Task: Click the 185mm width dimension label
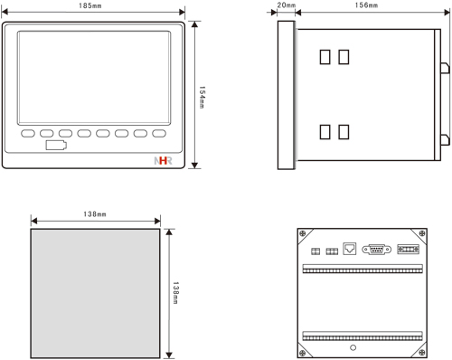[x=90, y=5]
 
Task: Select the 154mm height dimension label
[x=202, y=98]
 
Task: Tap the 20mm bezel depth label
[x=287, y=5]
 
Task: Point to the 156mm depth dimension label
[x=366, y=5]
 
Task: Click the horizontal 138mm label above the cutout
[x=95, y=214]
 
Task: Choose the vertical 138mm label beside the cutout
[x=175, y=293]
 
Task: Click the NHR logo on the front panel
[x=163, y=161]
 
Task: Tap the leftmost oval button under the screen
[x=28, y=133]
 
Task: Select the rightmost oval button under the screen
[x=159, y=133]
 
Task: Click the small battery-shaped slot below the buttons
[x=56, y=145]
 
